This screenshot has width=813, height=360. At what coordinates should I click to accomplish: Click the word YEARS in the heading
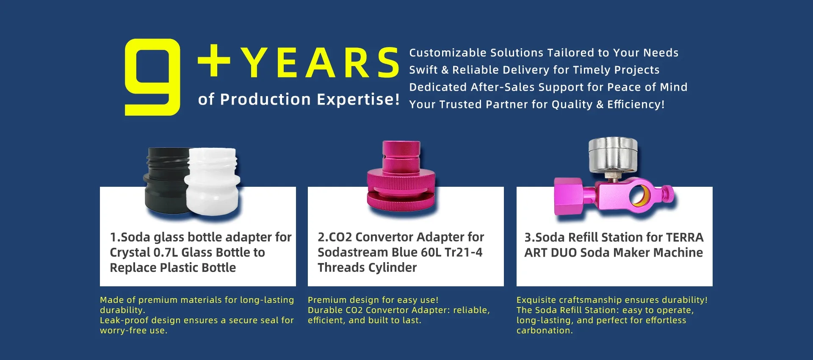(x=320, y=63)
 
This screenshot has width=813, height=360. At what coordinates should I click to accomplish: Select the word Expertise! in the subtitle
(x=358, y=100)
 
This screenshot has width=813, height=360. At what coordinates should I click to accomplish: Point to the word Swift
(x=423, y=70)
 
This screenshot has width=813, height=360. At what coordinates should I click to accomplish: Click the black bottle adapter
(x=165, y=182)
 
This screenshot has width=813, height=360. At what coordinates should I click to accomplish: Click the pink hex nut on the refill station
(x=570, y=197)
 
